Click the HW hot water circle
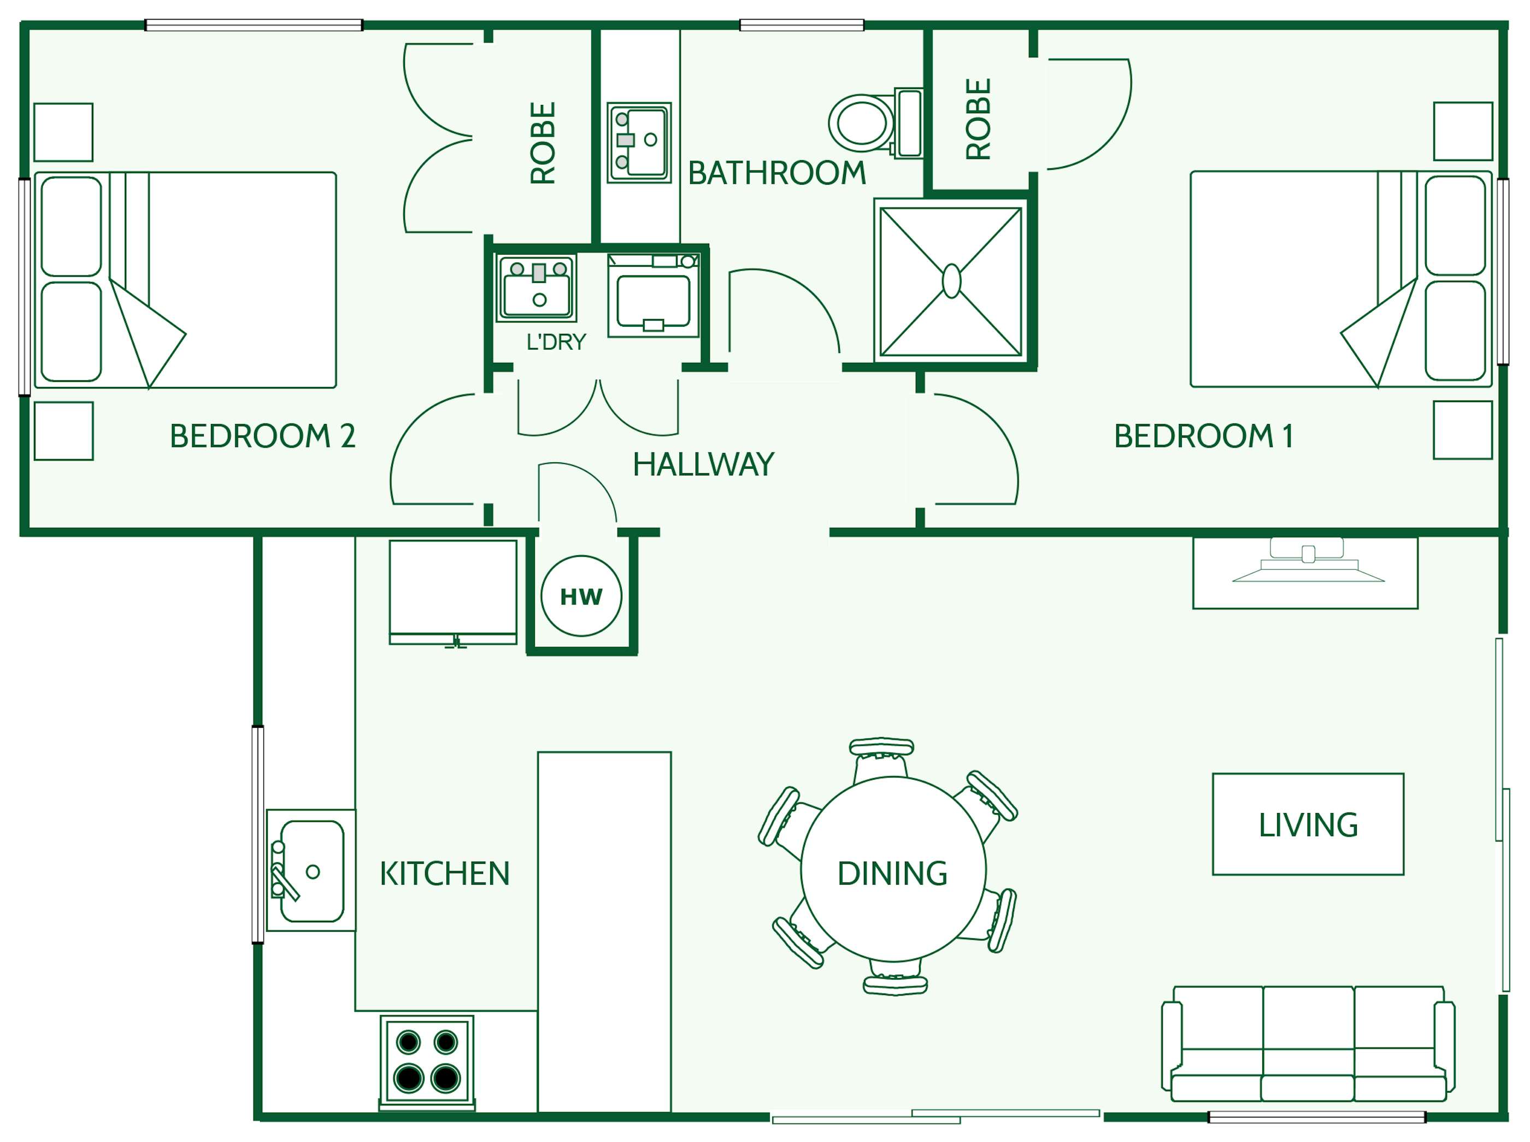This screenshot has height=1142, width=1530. [x=581, y=596]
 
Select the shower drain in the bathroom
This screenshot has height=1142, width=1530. [x=951, y=281]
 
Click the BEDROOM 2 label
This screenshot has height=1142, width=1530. [x=262, y=436]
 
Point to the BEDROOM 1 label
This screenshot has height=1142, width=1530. [x=1203, y=436]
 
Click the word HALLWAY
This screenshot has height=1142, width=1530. [x=703, y=464]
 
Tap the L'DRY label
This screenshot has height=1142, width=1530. [x=556, y=342]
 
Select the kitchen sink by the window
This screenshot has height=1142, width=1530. [x=311, y=871]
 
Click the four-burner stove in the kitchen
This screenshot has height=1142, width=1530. [x=427, y=1061]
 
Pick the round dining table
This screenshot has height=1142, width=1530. [x=892, y=870]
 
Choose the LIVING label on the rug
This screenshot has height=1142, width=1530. [x=1308, y=825]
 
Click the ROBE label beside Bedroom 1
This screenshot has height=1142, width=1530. [x=978, y=119]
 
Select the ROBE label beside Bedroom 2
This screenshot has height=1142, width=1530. [x=543, y=143]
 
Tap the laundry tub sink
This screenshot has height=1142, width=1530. [x=537, y=289]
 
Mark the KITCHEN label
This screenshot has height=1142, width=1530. [x=445, y=874]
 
